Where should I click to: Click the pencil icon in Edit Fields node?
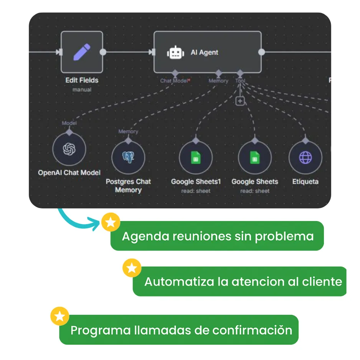pyautogui.click(x=82, y=52)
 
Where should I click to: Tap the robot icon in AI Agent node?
pyautogui.click(x=175, y=53)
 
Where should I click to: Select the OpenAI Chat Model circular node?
pyautogui.click(x=69, y=149)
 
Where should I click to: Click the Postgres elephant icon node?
pyautogui.click(x=128, y=157)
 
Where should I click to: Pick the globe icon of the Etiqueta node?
pyautogui.click(x=305, y=157)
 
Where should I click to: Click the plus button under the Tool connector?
pyautogui.click(x=240, y=101)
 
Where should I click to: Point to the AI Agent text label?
pyautogui.click(x=204, y=53)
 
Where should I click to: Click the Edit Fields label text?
pyautogui.click(x=82, y=80)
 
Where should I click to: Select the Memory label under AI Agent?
pyautogui.click(x=218, y=81)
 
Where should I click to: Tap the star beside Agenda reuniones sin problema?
pyautogui.click(x=111, y=223)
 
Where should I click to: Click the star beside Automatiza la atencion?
pyautogui.click(x=132, y=268)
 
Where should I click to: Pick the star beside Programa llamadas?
pyautogui.click(x=60, y=316)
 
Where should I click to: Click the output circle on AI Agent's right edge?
pyautogui.click(x=261, y=52)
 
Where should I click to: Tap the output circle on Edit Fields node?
pyautogui.click(x=103, y=52)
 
